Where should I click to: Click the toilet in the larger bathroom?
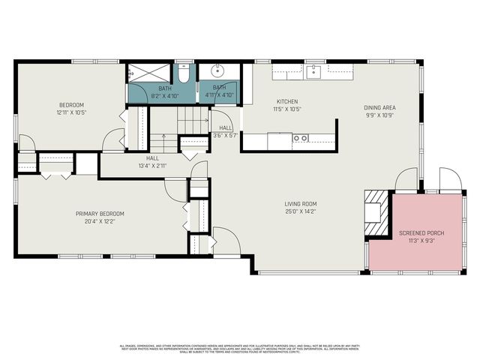click(x=184, y=74)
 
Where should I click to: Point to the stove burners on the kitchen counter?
click(x=300, y=138)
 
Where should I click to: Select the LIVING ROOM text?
click(x=300, y=204)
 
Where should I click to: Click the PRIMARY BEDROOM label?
click(x=100, y=214)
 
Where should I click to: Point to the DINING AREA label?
click(x=380, y=108)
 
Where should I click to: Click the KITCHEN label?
click(x=287, y=102)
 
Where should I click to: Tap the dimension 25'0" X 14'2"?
click(x=300, y=211)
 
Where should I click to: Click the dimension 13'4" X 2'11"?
click(x=152, y=166)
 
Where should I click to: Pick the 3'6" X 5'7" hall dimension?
click(x=225, y=136)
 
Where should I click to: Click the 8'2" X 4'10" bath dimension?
click(x=164, y=95)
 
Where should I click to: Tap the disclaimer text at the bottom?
click(x=240, y=348)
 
